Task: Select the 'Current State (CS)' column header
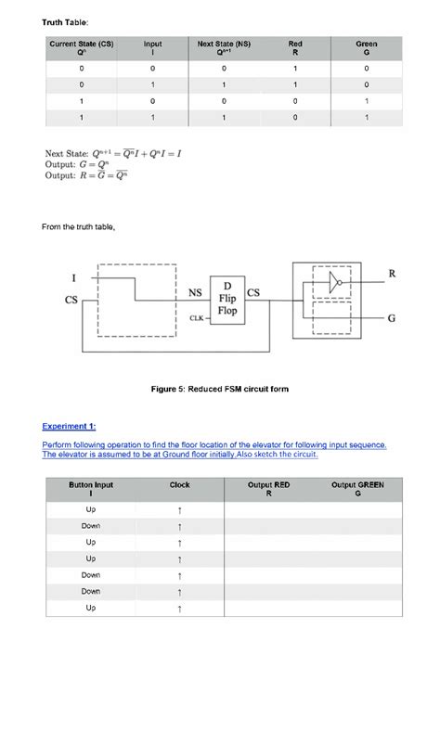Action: (81, 47)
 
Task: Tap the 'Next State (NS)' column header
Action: (224, 47)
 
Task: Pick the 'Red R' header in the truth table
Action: (295, 47)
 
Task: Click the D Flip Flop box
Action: (227, 299)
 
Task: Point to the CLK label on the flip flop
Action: (197, 318)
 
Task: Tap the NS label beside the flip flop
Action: (196, 293)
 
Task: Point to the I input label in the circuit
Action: (73, 276)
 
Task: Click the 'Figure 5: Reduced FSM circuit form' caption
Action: (219, 389)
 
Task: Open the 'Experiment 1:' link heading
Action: (69, 427)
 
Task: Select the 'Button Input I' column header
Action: (91, 489)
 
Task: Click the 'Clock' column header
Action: (179, 484)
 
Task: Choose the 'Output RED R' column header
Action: (268, 489)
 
